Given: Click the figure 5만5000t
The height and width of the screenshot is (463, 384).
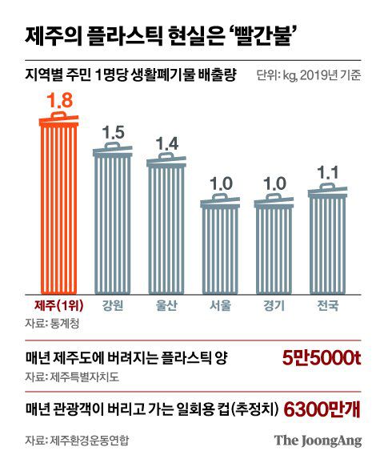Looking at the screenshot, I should [322, 358].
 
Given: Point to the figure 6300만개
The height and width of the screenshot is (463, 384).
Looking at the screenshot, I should [323, 409].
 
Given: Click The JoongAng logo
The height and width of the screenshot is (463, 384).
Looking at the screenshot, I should [318, 440].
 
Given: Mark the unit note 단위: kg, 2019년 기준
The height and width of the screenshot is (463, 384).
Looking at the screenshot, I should [309, 76].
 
